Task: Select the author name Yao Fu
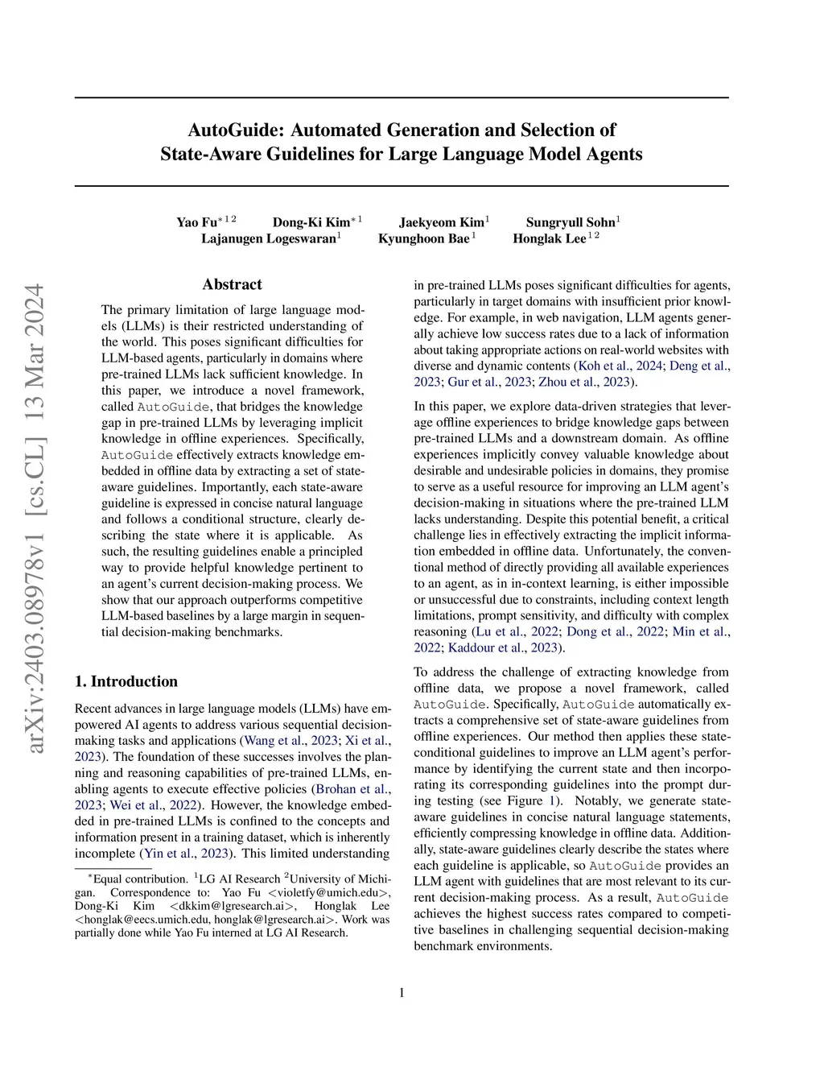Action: pyautogui.click(x=197, y=222)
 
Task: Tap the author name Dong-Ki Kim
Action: pyautogui.click(x=311, y=222)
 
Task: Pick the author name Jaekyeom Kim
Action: pyautogui.click(x=442, y=222)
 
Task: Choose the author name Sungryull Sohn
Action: pyautogui.click(x=571, y=222)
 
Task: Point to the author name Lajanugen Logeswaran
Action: pyautogui.click(x=269, y=238)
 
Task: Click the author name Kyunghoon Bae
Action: pyautogui.click(x=424, y=238)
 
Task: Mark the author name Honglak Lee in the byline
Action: pyautogui.click(x=550, y=238)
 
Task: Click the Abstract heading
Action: pyautogui.click(x=233, y=284)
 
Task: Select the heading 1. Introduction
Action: pyautogui.click(x=126, y=681)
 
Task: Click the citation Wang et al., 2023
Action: pyautogui.click(x=290, y=740)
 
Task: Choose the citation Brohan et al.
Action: pyautogui.click(x=352, y=789)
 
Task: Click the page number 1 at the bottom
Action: pyautogui.click(x=402, y=993)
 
